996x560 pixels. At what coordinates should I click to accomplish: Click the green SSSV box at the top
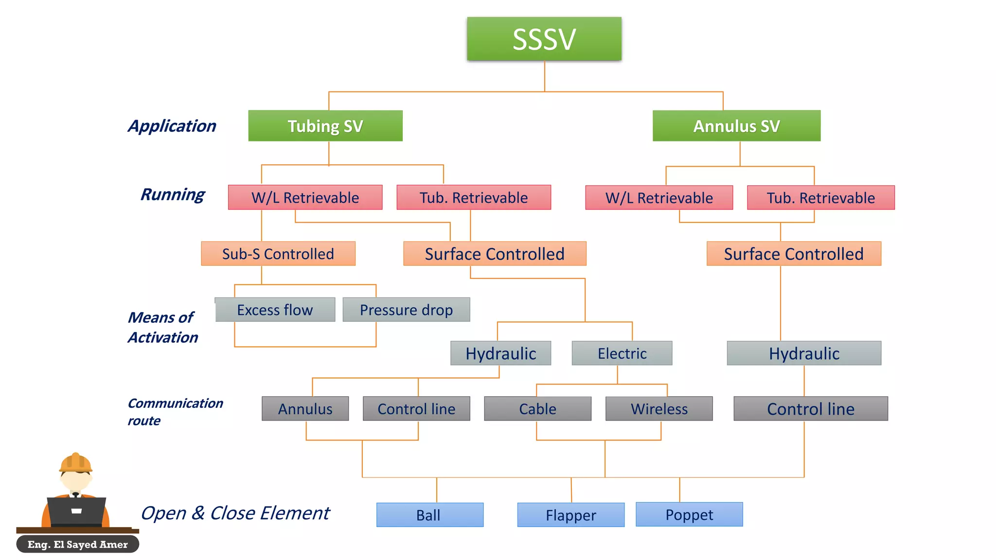544,39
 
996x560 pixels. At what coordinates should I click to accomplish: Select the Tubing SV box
325,126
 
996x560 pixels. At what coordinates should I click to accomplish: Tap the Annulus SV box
736,126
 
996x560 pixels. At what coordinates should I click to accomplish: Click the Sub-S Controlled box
278,254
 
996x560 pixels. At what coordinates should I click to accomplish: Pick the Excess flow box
275,310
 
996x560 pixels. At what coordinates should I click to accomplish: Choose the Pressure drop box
406,310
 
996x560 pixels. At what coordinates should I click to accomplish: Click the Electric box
622,353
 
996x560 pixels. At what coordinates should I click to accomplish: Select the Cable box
537,409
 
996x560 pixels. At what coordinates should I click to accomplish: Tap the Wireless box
659,409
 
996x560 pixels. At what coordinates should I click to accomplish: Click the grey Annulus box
305,409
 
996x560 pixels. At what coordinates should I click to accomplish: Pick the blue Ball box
429,515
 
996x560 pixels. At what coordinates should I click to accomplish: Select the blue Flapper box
570,515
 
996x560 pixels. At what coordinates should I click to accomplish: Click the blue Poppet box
689,514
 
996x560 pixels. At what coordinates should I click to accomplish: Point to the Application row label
172,126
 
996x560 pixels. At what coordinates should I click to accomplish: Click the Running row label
173,194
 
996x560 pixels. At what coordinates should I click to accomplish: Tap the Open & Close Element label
235,513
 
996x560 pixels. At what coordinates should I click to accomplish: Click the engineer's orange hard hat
75,463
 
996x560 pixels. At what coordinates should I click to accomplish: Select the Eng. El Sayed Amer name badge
78,544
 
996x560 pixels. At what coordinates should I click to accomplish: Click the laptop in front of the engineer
76,511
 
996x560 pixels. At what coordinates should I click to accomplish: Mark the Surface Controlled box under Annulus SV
794,254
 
